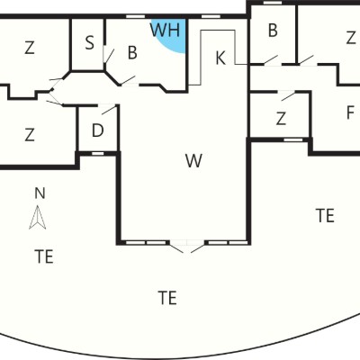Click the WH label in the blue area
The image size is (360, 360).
click(x=165, y=30)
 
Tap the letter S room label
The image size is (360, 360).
click(x=89, y=42)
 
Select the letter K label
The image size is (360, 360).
click(x=220, y=58)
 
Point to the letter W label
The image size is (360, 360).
click(x=193, y=160)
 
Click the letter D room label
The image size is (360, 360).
click(x=97, y=130)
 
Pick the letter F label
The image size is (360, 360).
click(x=350, y=112)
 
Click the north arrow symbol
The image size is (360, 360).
click(x=38, y=218)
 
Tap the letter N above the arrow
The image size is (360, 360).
click(x=40, y=193)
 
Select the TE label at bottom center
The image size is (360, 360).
click(x=167, y=298)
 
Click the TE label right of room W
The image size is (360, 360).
click(x=325, y=215)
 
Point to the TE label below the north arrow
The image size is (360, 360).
click(x=44, y=256)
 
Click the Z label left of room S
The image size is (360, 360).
click(x=30, y=48)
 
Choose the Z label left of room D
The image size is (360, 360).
click(x=30, y=134)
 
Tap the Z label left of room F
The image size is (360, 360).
click(x=281, y=119)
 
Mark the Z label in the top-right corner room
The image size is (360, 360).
click(x=351, y=38)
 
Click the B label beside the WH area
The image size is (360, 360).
click(x=132, y=52)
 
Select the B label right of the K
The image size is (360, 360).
click(x=273, y=31)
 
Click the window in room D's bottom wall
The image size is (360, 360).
click(x=97, y=154)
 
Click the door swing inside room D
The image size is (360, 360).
click(x=109, y=110)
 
